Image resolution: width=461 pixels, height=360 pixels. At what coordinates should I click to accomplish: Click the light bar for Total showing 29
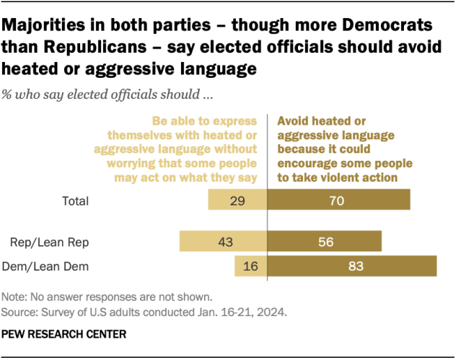pos(237,201)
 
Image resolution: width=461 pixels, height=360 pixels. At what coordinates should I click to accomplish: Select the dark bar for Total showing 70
pos(338,201)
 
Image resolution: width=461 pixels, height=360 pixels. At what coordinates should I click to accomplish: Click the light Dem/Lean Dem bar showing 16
pos(251,266)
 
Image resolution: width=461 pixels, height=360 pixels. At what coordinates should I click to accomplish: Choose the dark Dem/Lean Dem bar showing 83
pos(352,266)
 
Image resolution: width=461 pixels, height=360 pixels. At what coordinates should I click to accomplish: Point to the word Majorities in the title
pos(40,25)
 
